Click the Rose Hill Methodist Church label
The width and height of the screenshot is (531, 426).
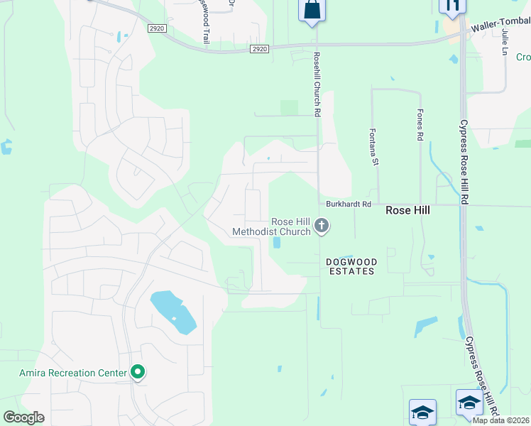point(272,226)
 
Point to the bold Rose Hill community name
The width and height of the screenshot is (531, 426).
point(407,211)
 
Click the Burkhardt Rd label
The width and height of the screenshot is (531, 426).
point(349,204)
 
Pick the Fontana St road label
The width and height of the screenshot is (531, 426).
point(373,147)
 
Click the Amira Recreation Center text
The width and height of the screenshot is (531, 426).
point(72,372)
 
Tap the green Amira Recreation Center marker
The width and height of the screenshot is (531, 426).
point(138,372)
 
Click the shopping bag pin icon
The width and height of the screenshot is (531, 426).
point(312,10)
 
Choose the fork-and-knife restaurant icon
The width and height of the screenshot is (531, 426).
point(451,6)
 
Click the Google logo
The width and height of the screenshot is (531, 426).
point(24,417)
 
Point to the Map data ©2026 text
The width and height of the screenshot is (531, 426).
point(500,420)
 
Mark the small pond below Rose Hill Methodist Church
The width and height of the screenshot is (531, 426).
point(277,242)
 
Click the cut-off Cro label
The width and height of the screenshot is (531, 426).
point(522,58)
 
